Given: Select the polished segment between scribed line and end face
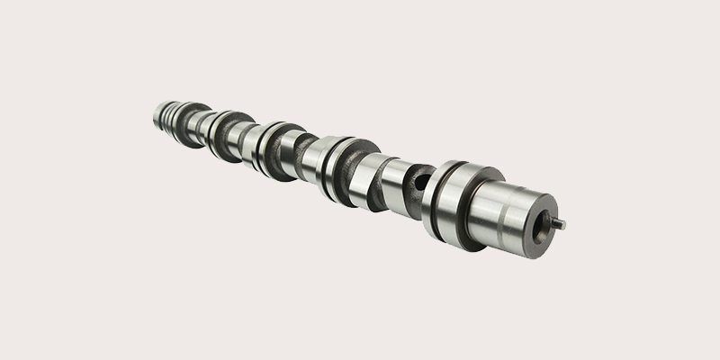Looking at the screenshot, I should [x=523, y=216].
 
